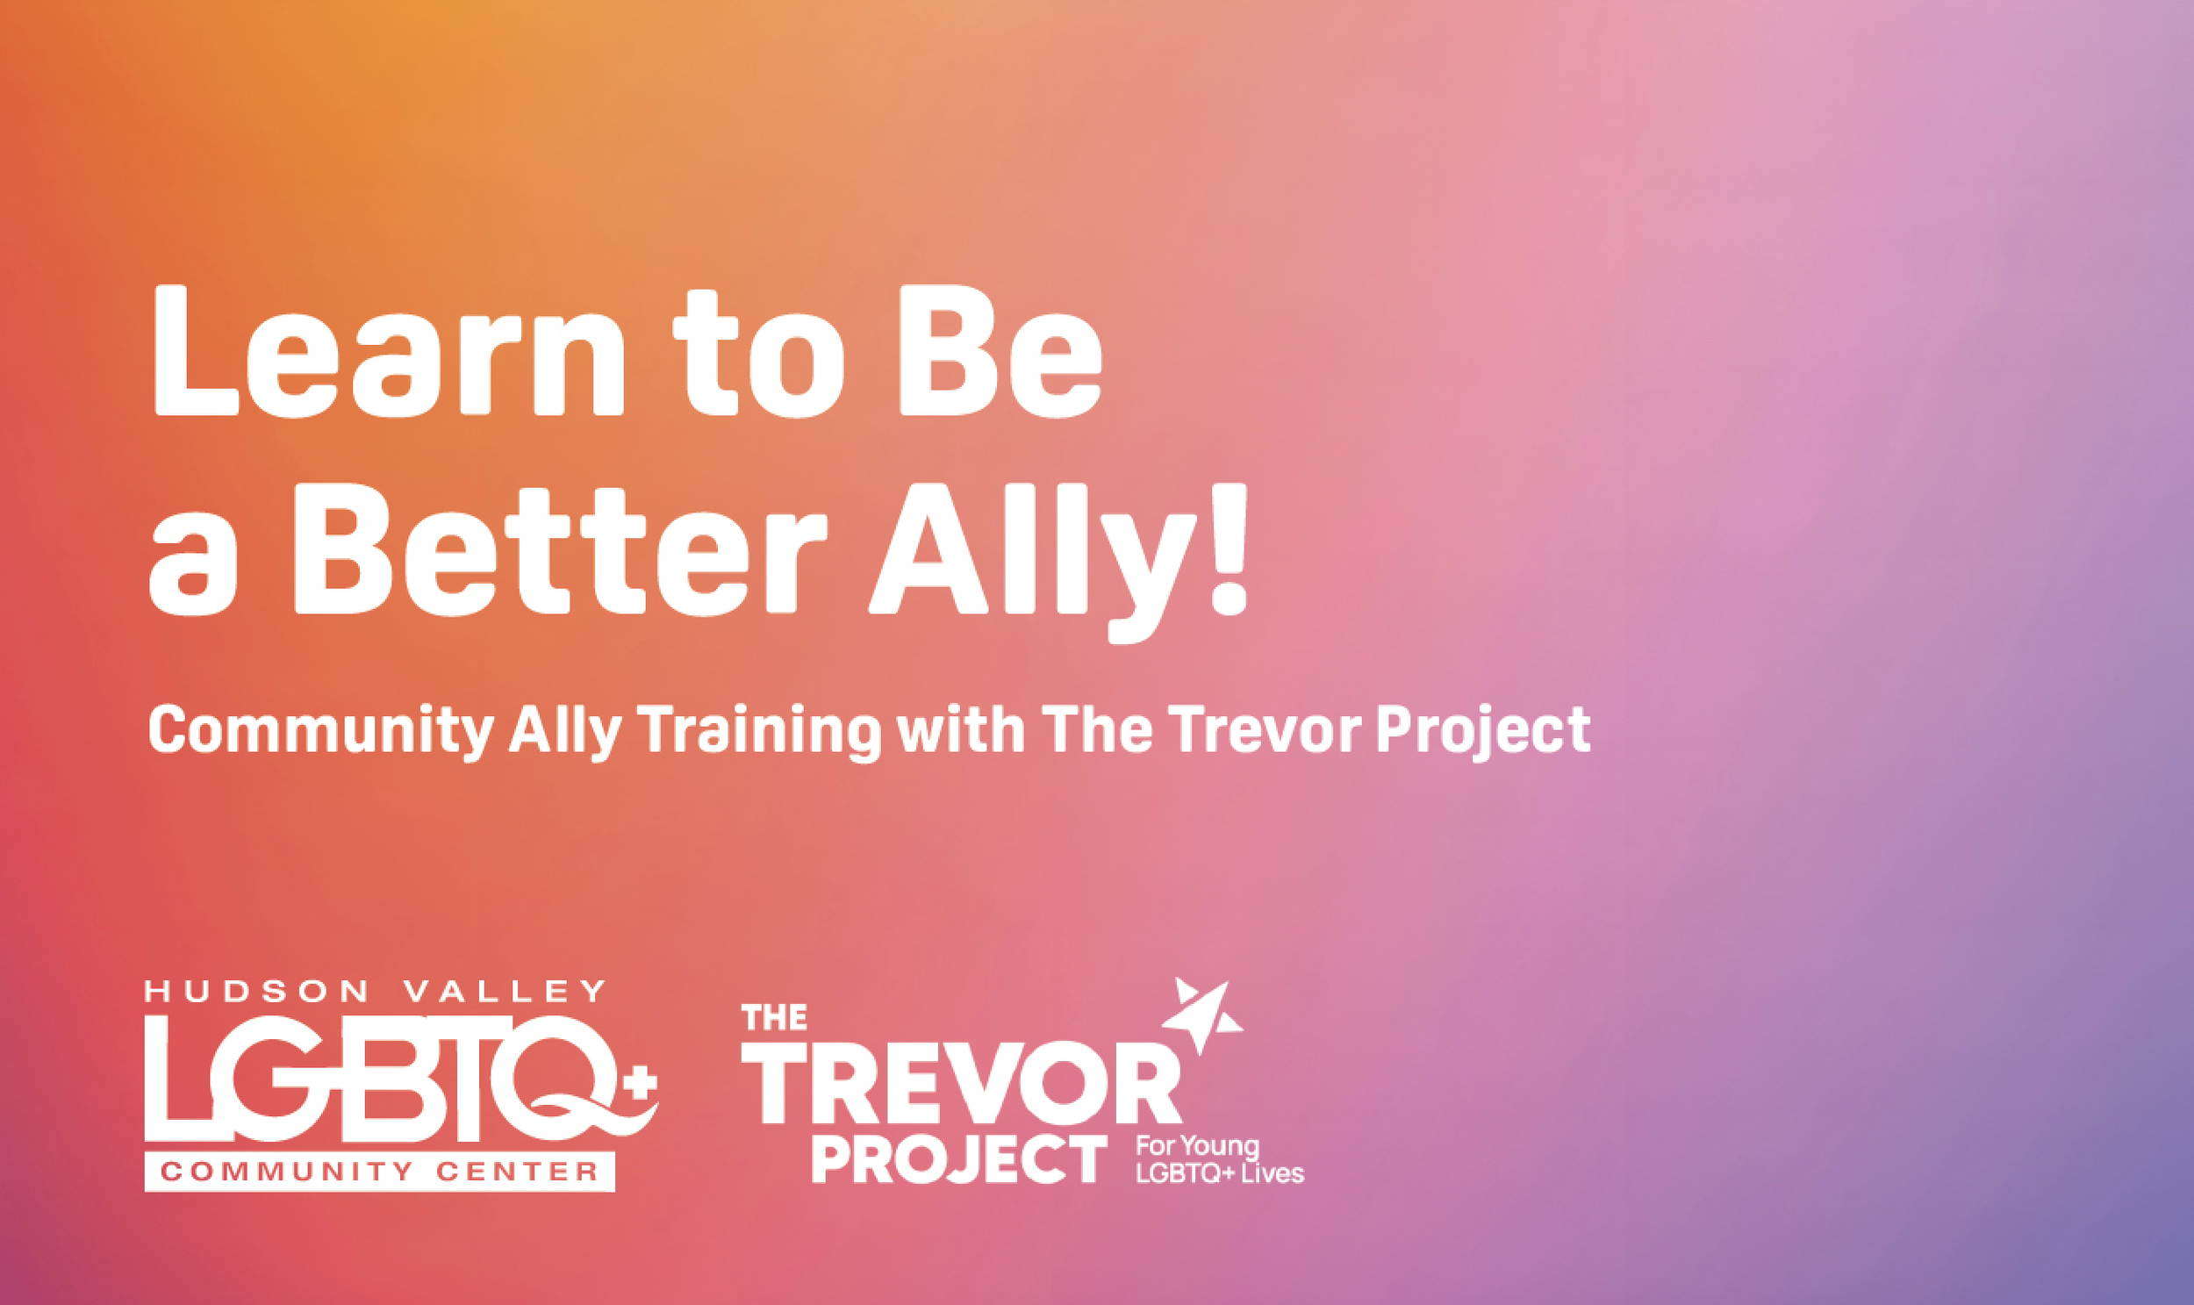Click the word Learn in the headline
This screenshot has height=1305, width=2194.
pyautogui.click(x=387, y=352)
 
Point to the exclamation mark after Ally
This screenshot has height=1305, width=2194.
pyautogui.click(x=1229, y=549)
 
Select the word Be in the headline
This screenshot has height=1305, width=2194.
pyautogui.click(x=1000, y=352)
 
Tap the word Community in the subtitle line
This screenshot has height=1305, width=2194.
pyautogui.click(x=321, y=731)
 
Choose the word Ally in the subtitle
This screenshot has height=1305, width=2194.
pyautogui.click(x=564, y=731)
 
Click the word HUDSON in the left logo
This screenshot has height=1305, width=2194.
pyautogui.click(x=258, y=992)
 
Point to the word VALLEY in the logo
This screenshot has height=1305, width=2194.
pyautogui.click(x=505, y=992)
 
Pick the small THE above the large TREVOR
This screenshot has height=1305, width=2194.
pyautogui.click(x=774, y=1017)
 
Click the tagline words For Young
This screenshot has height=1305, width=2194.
pyautogui.click(x=1197, y=1147)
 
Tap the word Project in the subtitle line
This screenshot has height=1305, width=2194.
pyautogui.click(x=1482, y=731)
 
